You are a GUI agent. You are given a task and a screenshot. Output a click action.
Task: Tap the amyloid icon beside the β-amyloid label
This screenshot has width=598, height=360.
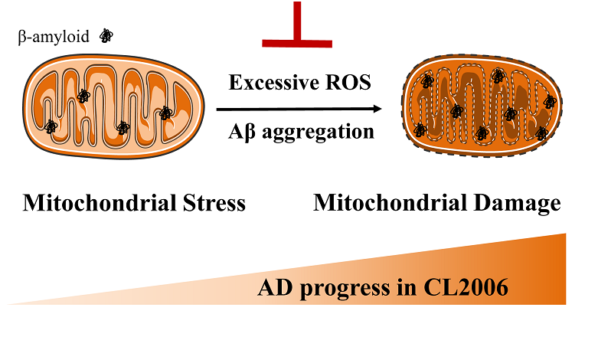click(108, 35)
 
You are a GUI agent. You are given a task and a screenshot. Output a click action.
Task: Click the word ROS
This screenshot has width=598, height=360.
click(348, 83)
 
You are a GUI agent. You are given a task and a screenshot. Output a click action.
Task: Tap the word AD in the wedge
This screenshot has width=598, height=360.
click(273, 289)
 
